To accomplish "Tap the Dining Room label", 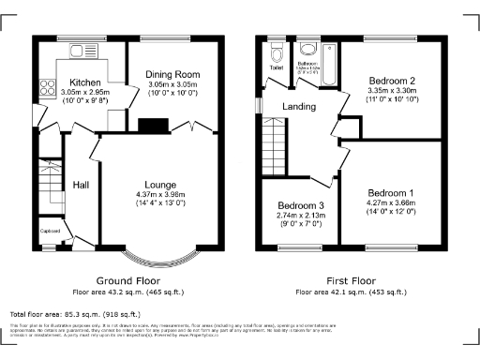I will [x=172, y=74].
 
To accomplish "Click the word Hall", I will [x=81, y=185].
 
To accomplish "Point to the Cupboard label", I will [x=50, y=230].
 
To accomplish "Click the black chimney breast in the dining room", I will [x=151, y=125].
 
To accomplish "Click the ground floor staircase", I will [x=49, y=187].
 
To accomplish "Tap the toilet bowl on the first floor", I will [x=277, y=51].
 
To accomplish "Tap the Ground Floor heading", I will [x=129, y=280].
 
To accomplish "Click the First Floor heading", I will [x=346, y=280].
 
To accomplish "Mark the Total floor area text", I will [x=75, y=314].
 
